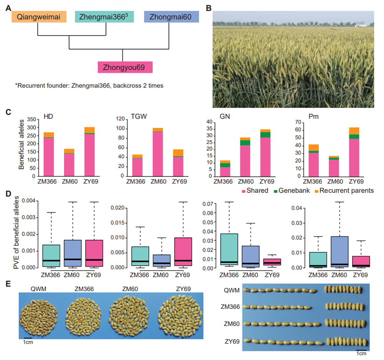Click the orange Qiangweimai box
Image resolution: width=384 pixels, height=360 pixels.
[x=39, y=17]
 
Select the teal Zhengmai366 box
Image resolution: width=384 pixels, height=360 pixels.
[x=104, y=17]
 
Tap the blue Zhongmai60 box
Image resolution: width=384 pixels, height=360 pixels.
[x=171, y=17]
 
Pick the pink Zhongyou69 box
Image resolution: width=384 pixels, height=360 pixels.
[x=125, y=67]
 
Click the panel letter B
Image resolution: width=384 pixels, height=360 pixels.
[x=209, y=8]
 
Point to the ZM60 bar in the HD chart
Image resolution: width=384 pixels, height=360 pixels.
[x=69, y=162]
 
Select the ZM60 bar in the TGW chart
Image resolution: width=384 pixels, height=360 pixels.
[x=158, y=152]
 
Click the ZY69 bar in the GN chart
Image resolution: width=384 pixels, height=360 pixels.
[x=265, y=153]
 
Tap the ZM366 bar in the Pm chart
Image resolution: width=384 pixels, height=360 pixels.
[x=313, y=160]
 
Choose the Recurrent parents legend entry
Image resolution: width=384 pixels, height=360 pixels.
[x=344, y=191]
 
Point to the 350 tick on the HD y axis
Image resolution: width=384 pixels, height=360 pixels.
[x=32, y=120]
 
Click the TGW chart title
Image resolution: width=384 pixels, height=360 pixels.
[x=139, y=116]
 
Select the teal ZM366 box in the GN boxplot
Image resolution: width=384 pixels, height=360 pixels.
[x=229, y=249]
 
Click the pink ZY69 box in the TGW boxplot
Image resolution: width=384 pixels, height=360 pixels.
[x=183, y=252]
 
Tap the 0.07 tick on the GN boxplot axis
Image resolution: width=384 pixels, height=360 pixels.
[x=208, y=204]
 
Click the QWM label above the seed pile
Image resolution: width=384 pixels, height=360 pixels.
[x=39, y=289]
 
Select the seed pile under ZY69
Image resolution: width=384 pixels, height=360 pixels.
[x=181, y=316]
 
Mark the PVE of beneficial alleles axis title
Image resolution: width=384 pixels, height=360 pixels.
[x=16, y=232]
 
